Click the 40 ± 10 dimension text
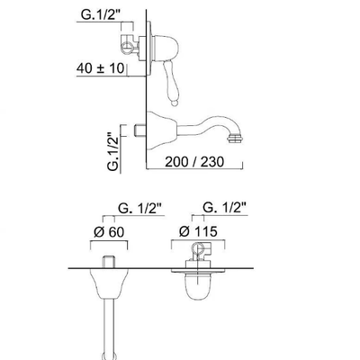(x=100, y=68)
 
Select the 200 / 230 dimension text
(x=194, y=162)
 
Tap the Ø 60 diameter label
(x=109, y=232)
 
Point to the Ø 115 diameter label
(x=198, y=231)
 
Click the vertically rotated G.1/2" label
(x=113, y=151)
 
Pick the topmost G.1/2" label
(x=101, y=15)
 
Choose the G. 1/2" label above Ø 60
(x=140, y=208)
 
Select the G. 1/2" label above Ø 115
(x=225, y=207)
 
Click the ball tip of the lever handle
(x=174, y=103)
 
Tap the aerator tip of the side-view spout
(x=235, y=139)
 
